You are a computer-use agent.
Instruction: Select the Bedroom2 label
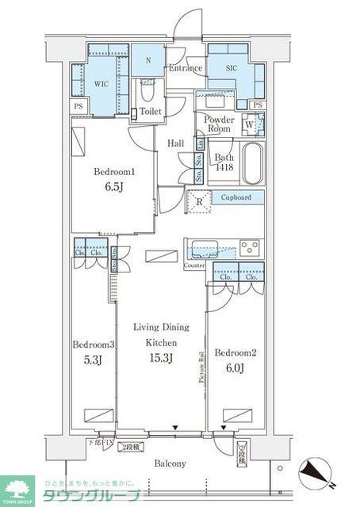pyautogui.click(x=235, y=352)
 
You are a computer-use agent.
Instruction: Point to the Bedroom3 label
pyautogui.click(x=94, y=345)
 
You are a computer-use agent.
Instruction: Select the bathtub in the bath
pyautogui.click(x=251, y=164)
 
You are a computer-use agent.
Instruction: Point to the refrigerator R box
pyautogui.click(x=197, y=201)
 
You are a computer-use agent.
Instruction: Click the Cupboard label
pyautogui.click(x=236, y=197)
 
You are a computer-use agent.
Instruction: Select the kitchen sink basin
pyautogui.click(x=201, y=248)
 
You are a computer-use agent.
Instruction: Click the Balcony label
pyautogui.click(x=170, y=463)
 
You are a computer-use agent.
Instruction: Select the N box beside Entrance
pyautogui.click(x=147, y=59)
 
